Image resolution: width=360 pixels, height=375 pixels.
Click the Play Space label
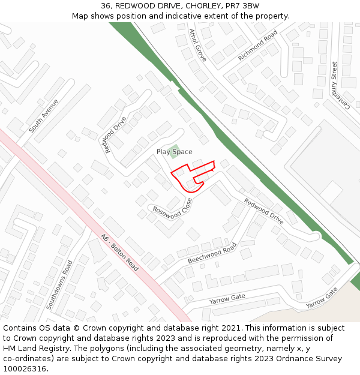(x=174, y=152)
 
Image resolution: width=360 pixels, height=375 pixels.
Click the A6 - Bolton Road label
(x=119, y=252)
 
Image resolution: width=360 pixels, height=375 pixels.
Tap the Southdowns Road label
(x=59, y=284)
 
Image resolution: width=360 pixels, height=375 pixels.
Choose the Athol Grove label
(x=197, y=46)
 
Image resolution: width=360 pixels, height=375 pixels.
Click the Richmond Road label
(x=257, y=45)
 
